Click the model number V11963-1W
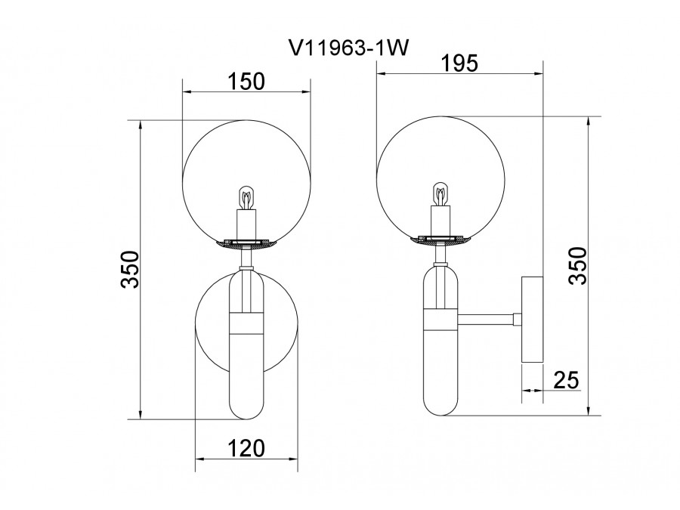[348, 48]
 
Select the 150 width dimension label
[246, 81]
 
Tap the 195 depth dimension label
[459, 63]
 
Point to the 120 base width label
[246, 448]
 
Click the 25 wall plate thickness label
[567, 380]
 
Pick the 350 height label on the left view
[130, 269]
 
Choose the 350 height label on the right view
[578, 266]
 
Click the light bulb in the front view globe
[246, 198]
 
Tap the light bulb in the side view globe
[440, 194]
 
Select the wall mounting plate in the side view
[532, 319]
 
